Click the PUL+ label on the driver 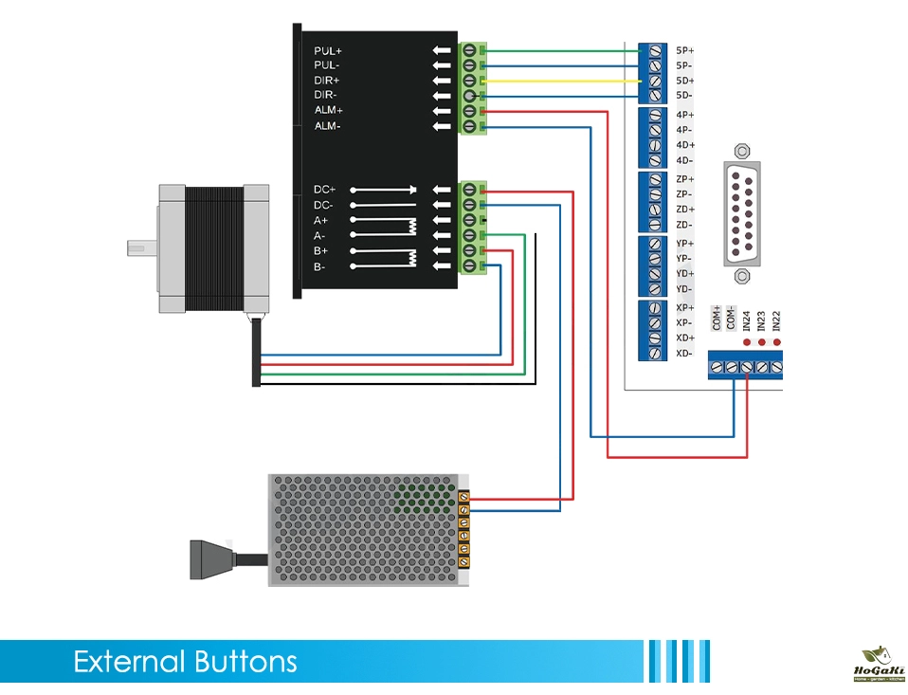328,50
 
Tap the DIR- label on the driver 326,96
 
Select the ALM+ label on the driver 328,111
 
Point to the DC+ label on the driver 325,190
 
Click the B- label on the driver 321,267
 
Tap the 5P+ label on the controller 685,50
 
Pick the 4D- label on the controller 685,160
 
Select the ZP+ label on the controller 685,179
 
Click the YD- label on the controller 685,289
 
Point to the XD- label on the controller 685,354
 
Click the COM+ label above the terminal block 717,318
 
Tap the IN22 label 777,321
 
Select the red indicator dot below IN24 747,342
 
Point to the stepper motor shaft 140,248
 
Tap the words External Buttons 185,662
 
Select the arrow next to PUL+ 442,50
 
